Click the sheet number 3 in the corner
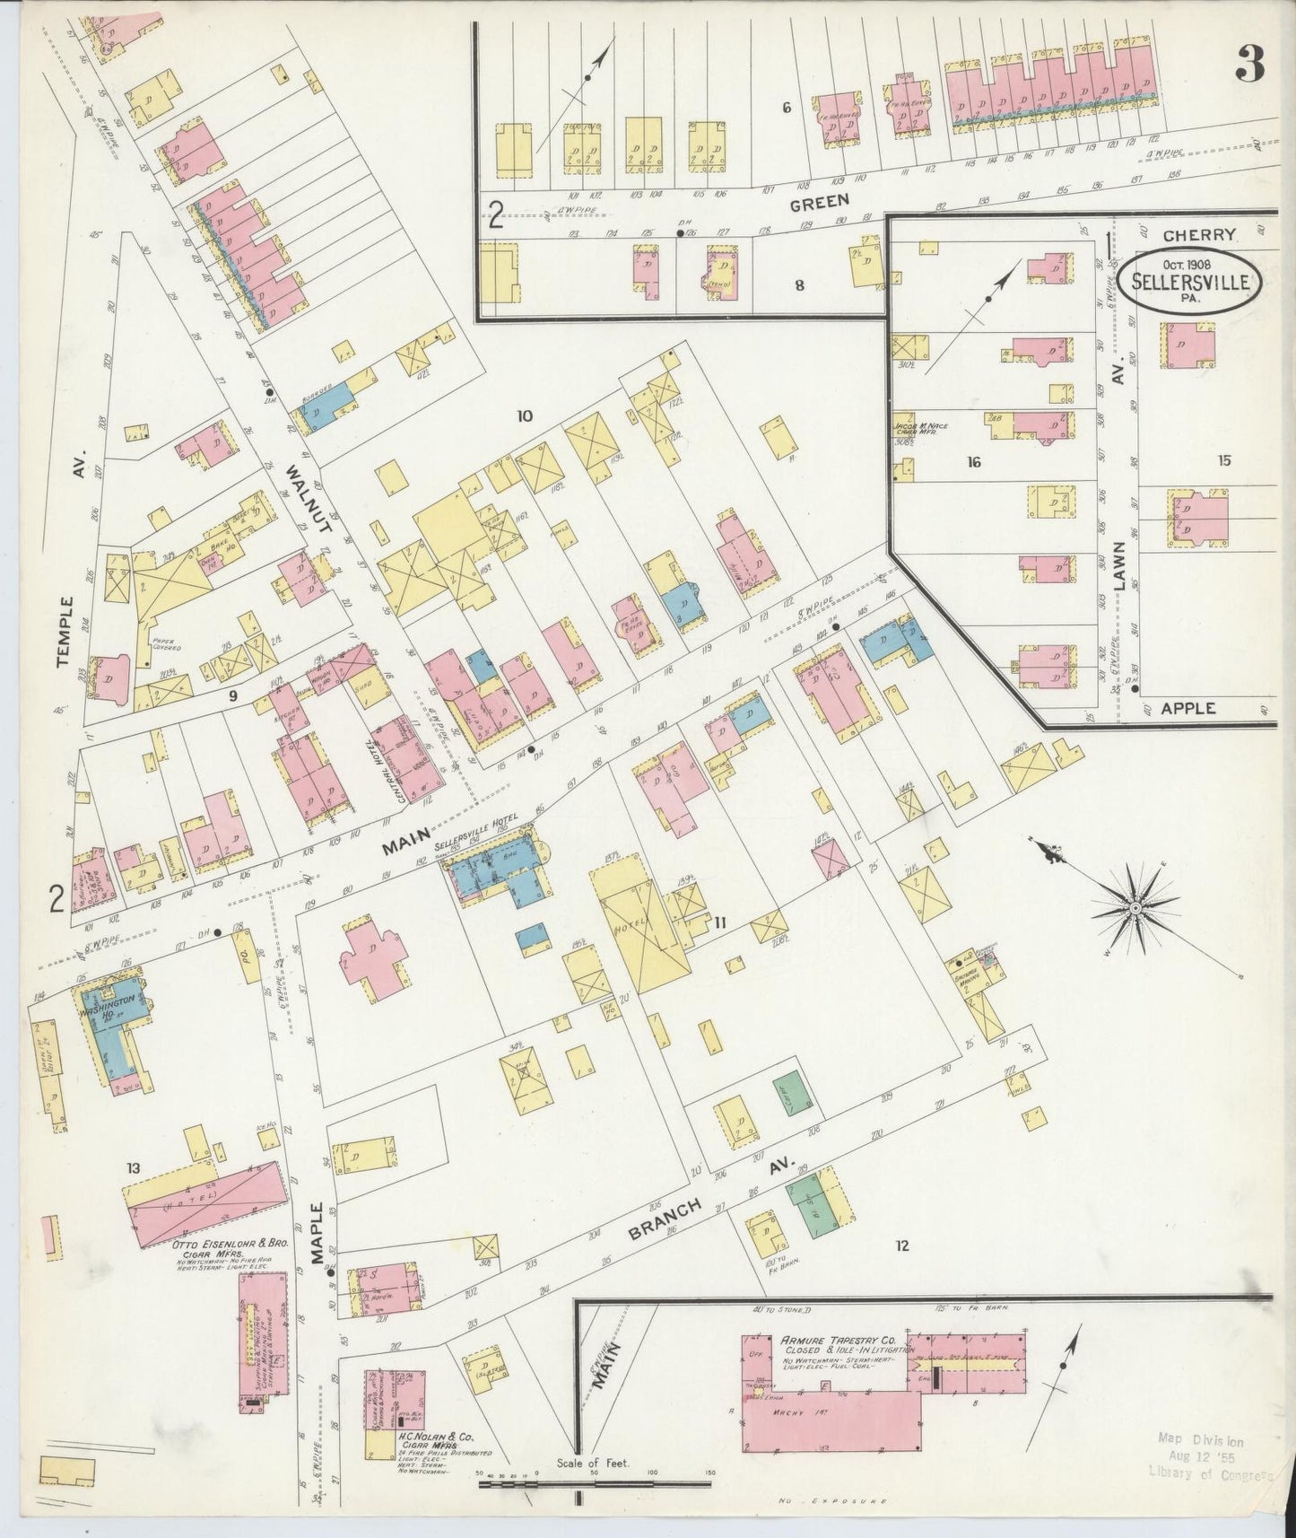[1249, 62]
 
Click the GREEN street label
[813, 204]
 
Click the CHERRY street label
[1200, 234]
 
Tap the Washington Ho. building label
[110, 1004]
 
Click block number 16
[974, 462]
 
